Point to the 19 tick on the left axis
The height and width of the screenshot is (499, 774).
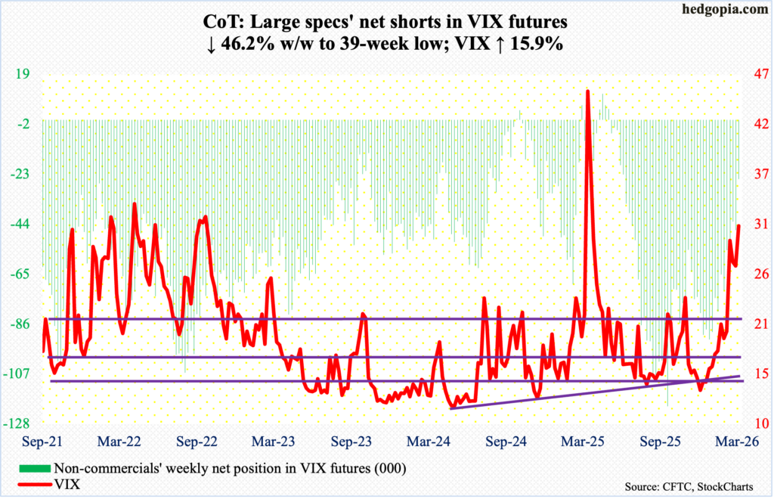click(x=23, y=74)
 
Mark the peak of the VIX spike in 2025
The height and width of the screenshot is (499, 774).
click(x=588, y=91)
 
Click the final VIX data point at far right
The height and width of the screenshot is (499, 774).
click(x=739, y=225)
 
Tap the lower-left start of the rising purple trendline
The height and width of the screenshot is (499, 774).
click(x=450, y=408)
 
